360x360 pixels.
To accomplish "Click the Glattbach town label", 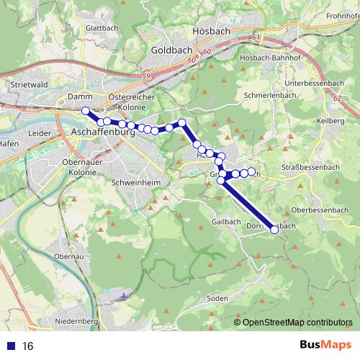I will pyautogui.click(x=102, y=28).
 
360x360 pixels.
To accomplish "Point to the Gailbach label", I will pyautogui.click(x=227, y=222).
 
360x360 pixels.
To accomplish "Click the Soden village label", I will pyautogui.click(x=217, y=298).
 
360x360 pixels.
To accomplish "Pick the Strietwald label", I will pyautogui.click(x=29, y=84).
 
